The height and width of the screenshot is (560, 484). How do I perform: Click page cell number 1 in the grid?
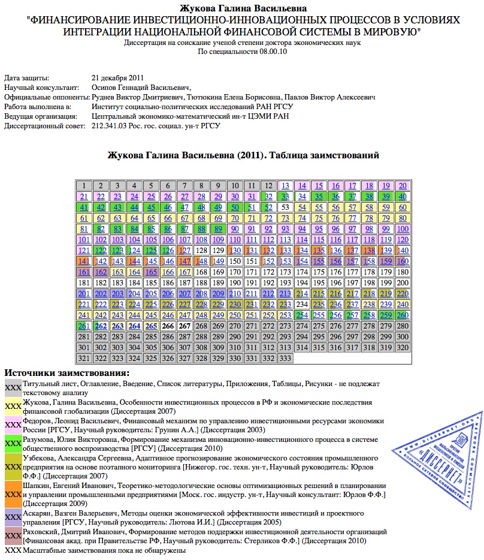(x=84, y=186)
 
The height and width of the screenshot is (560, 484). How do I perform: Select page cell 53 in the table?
(x=285, y=207)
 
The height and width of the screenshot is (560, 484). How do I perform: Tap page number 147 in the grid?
(x=184, y=261)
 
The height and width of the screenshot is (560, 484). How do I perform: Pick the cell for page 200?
(x=403, y=283)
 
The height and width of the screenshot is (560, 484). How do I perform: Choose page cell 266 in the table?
(x=168, y=326)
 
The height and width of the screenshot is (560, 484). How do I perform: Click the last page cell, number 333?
(x=285, y=359)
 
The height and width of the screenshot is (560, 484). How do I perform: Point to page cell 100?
(x=403, y=229)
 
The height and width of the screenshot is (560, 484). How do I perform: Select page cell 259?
(x=386, y=315)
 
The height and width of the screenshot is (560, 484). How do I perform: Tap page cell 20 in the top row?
(x=403, y=186)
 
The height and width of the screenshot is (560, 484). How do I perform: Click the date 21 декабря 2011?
(x=118, y=78)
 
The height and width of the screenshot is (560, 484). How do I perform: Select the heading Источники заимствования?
(x=66, y=374)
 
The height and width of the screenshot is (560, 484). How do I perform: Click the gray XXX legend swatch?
(x=13, y=388)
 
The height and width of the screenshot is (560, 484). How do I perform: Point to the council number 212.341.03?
(x=110, y=126)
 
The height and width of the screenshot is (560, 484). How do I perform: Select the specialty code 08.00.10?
(x=274, y=52)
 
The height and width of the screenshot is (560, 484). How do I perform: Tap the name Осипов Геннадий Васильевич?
(x=140, y=88)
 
